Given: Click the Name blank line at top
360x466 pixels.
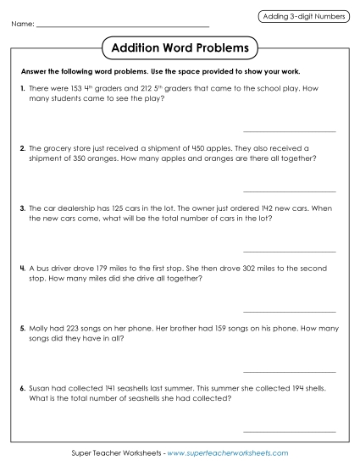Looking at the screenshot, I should point(123,25).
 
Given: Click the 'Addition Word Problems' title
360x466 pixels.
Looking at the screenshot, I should point(180,48).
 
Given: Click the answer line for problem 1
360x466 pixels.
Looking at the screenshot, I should point(289,131).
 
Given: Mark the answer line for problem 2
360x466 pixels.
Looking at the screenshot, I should point(289,191).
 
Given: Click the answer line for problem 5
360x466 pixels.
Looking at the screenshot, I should point(289,372).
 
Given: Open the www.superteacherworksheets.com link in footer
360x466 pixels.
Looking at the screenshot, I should point(228,454).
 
